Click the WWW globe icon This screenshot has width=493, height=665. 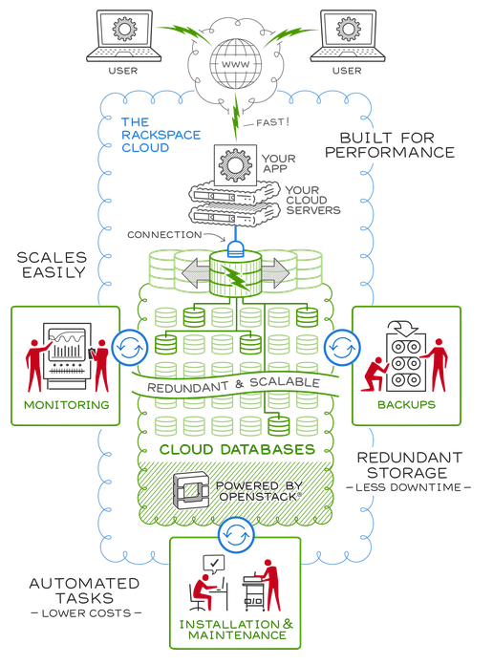click(x=235, y=64)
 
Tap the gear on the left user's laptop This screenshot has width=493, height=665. click(x=124, y=29)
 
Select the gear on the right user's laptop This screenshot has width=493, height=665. click(x=349, y=29)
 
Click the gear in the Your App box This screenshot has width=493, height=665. click(x=235, y=165)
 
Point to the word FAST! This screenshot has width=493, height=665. click(x=273, y=122)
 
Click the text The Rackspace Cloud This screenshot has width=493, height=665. click(x=161, y=135)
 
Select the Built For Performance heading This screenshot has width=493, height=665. click(x=390, y=145)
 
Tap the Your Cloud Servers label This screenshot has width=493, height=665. click(x=312, y=201)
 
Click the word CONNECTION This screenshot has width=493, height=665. click(x=164, y=234)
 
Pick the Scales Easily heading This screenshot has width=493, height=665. click(x=53, y=265)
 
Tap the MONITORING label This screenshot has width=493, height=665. click(x=67, y=405)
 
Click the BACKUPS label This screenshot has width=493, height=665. click(x=406, y=404)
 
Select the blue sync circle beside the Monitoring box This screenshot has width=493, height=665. click(x=130, y=348)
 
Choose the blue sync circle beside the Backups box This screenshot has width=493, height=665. click(x=342, y=348)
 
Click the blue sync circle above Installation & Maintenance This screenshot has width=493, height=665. click(x=236, y=534)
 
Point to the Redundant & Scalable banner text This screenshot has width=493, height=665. click(x=233, y=385)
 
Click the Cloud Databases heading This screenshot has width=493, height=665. click(x=237, y=449)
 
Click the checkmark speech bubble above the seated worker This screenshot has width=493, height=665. click(x=214, y=564)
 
